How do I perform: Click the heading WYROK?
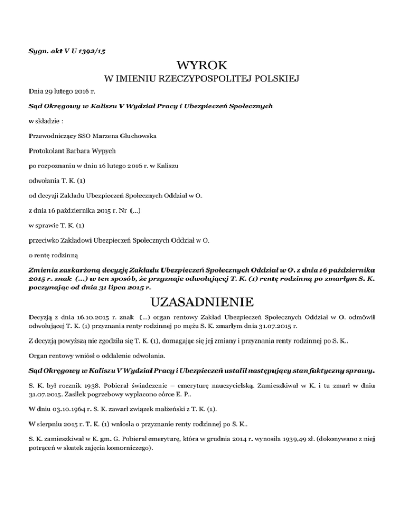click(x=203, y=66)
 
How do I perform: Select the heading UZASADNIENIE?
click(x=202, y=303)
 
